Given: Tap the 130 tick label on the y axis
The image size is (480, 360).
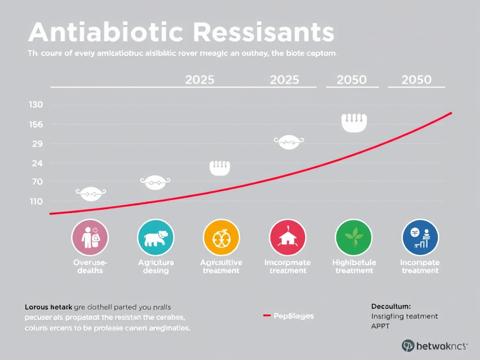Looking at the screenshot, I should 36,105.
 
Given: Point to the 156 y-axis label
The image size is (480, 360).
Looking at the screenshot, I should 36,124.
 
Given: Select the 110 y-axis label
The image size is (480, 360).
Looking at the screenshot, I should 36,202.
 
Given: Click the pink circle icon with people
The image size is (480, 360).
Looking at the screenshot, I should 90,237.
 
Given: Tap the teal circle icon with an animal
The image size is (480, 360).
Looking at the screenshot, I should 156,237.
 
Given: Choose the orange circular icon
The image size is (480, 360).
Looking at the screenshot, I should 221,237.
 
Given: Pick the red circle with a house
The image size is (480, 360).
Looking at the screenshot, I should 287,237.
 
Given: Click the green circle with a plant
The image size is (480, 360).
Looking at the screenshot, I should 353,237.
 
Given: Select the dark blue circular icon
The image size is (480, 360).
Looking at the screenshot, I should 420,237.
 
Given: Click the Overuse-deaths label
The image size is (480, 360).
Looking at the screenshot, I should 90,266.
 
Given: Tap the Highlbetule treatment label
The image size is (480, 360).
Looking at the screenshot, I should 354,266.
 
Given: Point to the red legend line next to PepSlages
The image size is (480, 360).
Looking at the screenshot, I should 267,316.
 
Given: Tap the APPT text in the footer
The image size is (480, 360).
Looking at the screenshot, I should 380,326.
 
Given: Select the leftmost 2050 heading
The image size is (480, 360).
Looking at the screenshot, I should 352,80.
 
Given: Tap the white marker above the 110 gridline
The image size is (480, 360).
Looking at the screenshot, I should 90,192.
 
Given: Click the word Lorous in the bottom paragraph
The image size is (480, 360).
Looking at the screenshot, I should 37,307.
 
